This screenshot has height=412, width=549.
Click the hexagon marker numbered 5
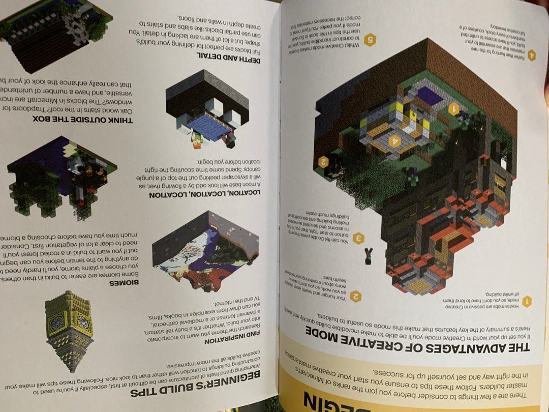[x=370, y=40]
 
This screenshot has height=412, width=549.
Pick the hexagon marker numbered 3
[x=359, y=238]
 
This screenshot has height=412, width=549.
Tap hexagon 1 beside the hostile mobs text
[x=527, y=302]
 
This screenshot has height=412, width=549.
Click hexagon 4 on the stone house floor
[x=393, y=141]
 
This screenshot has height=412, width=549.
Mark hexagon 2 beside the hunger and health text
[x=356, y=296]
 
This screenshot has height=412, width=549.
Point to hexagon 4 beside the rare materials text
[x=531, y=55]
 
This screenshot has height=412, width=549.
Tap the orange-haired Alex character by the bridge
[x=198, y=142]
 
